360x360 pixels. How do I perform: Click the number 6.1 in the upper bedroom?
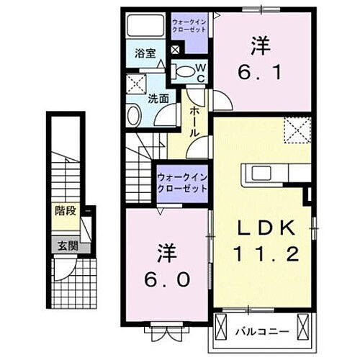pos(261,72)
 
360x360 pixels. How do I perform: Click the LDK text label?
pos(266,229)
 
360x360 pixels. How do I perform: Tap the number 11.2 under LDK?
pos(266,253)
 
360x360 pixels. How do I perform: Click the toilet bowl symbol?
pos(185,71)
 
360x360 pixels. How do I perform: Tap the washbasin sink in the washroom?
pos(135,114)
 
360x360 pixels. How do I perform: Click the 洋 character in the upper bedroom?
pos(261,46)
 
